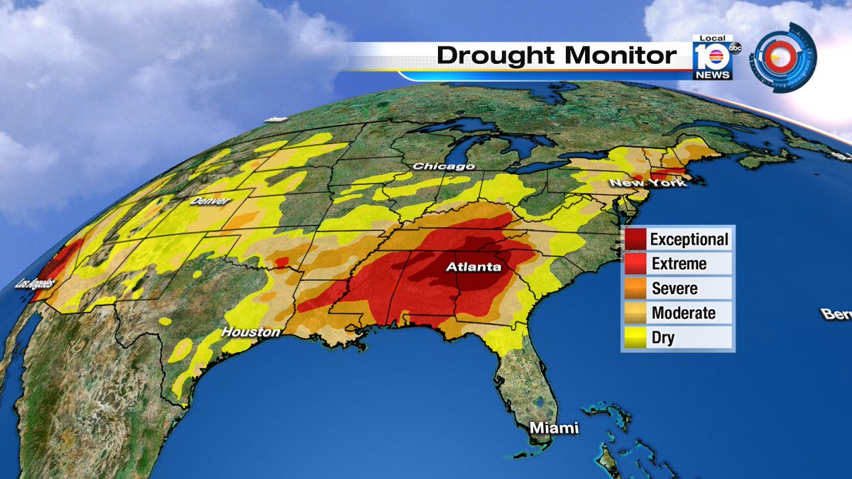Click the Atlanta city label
(474, 268)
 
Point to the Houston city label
(251, 331)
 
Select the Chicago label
(444, 166)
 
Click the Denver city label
(210, 202)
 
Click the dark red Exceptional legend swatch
(635, 240)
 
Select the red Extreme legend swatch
(635, 264)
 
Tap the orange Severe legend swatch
(635, 289)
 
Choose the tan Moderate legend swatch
(635, 313)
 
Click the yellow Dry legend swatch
(635, 338)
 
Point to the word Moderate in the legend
(683, 313)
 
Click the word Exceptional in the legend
(689, 240)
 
